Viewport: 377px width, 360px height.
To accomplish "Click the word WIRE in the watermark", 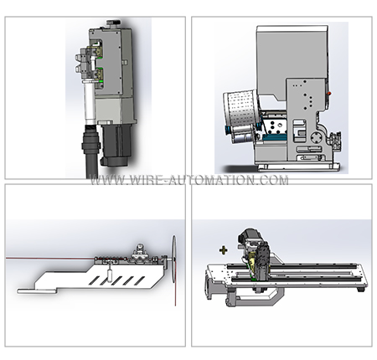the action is [147, 180].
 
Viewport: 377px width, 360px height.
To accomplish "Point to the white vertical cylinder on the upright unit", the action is [90, 101].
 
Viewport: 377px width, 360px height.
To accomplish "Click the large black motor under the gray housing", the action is [116, 144].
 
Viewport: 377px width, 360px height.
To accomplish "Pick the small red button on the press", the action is [329, 94].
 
